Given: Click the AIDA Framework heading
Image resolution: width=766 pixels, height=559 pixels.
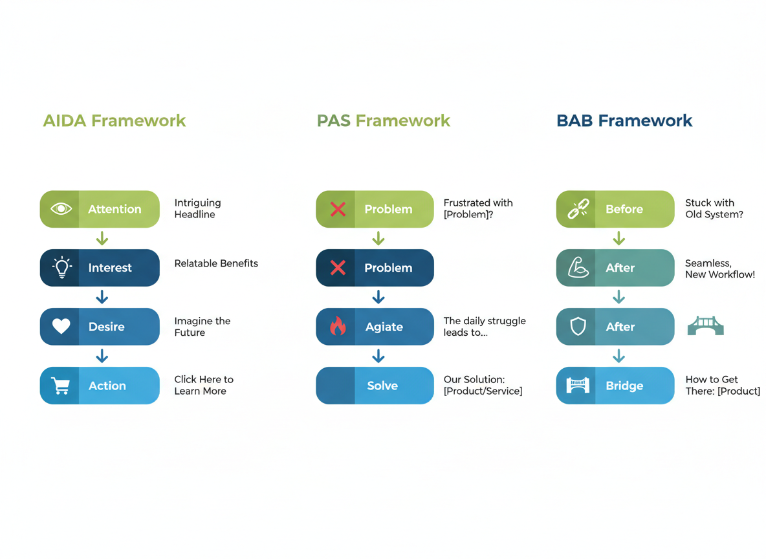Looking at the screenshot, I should [114, 121].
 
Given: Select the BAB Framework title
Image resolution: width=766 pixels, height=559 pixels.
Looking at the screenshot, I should [624, 121].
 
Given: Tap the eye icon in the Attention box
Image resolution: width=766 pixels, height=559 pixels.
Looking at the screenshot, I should [61, 209].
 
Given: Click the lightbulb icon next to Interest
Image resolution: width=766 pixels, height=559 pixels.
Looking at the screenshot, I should [61, 268].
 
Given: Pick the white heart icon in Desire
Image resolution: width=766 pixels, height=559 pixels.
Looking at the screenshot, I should [61, 327].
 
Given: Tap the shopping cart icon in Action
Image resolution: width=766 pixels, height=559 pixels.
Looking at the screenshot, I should [61, 386].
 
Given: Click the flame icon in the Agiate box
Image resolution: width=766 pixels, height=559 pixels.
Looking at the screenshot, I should [338, 327].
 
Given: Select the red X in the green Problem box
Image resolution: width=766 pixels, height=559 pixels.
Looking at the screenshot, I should [338, 209].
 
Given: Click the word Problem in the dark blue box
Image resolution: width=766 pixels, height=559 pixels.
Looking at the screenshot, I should [388, 268].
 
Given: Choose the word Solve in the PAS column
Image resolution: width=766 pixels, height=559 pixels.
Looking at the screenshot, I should [382, 386].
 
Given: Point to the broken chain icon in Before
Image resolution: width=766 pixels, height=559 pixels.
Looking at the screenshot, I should [577, 209].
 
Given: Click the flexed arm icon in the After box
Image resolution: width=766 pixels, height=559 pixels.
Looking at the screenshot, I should [577, 268].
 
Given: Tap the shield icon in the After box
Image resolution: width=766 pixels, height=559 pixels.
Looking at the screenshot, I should [577, 327].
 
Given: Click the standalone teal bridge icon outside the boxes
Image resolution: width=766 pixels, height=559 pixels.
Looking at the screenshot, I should [705, 326].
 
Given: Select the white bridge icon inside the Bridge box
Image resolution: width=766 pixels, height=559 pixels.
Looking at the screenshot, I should [577, 386].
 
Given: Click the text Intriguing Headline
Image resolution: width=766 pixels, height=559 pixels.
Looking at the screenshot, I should [197, 208].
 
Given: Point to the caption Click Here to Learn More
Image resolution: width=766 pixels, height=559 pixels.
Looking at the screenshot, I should [203, 385].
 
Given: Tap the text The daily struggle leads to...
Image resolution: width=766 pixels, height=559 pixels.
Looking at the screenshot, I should [484, 326].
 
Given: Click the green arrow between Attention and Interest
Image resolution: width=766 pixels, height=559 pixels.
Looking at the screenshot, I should [102, 239].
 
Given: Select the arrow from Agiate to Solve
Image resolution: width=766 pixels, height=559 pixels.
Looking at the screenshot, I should [378, 356].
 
